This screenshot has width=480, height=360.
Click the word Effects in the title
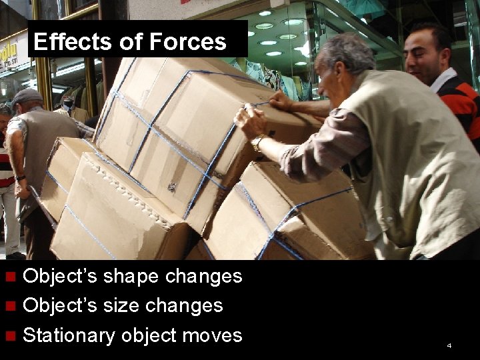63,42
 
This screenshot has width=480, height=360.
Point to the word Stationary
68,335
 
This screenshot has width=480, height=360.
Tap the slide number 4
449,345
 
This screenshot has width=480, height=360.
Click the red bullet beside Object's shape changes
10,277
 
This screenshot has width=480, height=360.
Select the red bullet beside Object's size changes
10,306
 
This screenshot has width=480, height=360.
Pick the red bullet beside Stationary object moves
10,335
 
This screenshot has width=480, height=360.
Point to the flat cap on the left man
27,96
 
